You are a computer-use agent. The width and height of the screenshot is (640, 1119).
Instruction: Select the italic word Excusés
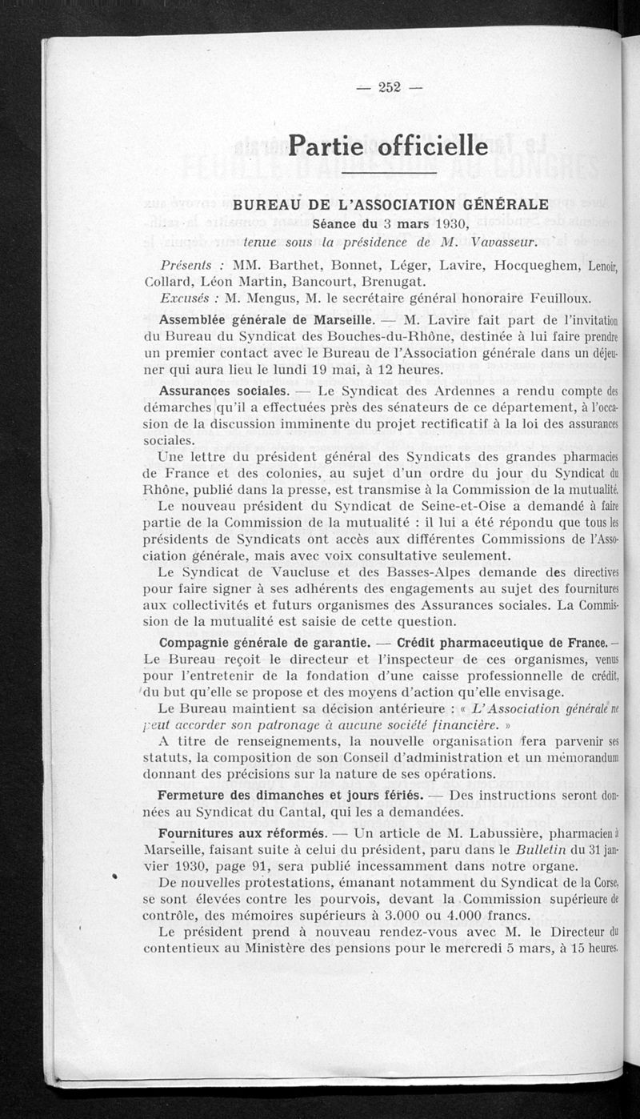click(x=189, y=299)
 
